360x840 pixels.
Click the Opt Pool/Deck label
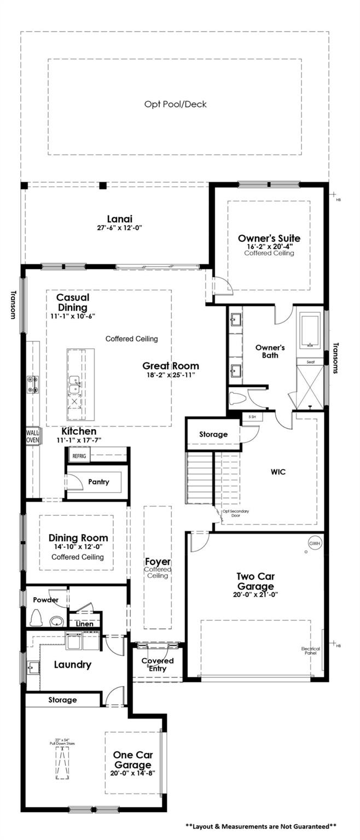(x=175, y=104)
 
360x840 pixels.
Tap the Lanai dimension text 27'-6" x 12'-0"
(x=119, y=227)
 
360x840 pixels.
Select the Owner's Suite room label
(x=269, y=238)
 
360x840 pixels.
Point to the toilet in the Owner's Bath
(x=237, y=398)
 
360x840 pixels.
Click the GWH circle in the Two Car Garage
(x=314, y=544)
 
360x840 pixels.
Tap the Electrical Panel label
(x=310, y=651)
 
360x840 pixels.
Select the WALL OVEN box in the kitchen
(x=33, y=435)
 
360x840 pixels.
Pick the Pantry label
(x=98, y=482)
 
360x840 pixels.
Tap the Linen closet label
(x=84, y=623)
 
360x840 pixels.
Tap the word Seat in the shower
(x=310, y=361)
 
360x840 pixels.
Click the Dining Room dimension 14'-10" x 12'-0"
(x=78, y=547)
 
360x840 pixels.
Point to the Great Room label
(x=171, y=366)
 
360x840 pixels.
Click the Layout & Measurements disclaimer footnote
(x=260, y=826)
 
